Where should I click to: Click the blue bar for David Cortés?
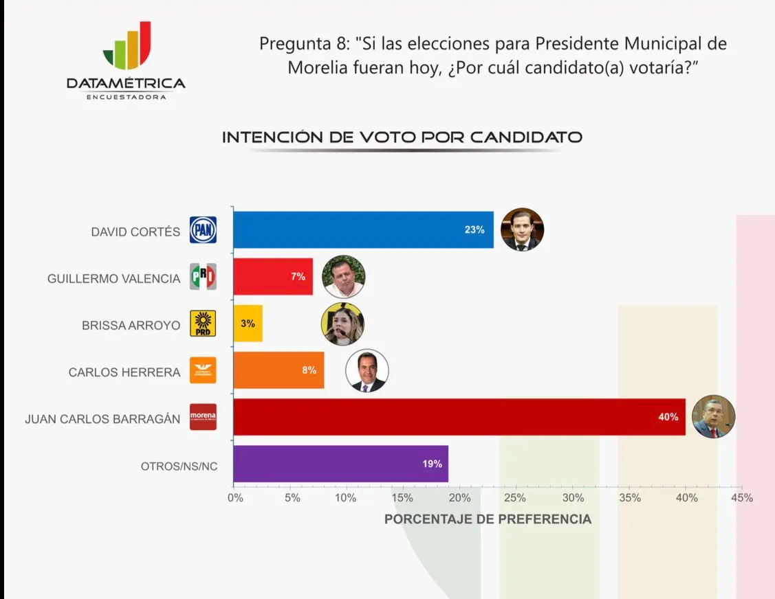(363, 230)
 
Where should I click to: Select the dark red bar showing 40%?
(459, 417)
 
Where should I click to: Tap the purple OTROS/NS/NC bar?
(340, 464)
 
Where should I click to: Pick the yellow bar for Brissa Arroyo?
(248, 324)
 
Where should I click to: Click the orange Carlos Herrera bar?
(279, 370)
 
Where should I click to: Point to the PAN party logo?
(203, 230)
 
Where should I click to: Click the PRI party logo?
(203, 277)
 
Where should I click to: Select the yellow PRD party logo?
(203, 324)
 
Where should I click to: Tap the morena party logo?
(203, 417)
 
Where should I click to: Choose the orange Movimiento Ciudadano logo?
(203, 371)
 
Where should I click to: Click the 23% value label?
(474, 230)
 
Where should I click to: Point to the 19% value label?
(432, 464)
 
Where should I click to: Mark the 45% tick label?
(741, 498)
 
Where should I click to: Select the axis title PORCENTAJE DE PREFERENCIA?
(488, 519)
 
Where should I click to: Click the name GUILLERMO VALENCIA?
(113, 279)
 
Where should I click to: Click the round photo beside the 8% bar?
(367, 371)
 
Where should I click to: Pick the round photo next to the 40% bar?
(714, 417)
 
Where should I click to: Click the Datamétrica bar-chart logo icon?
(127, 47)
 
